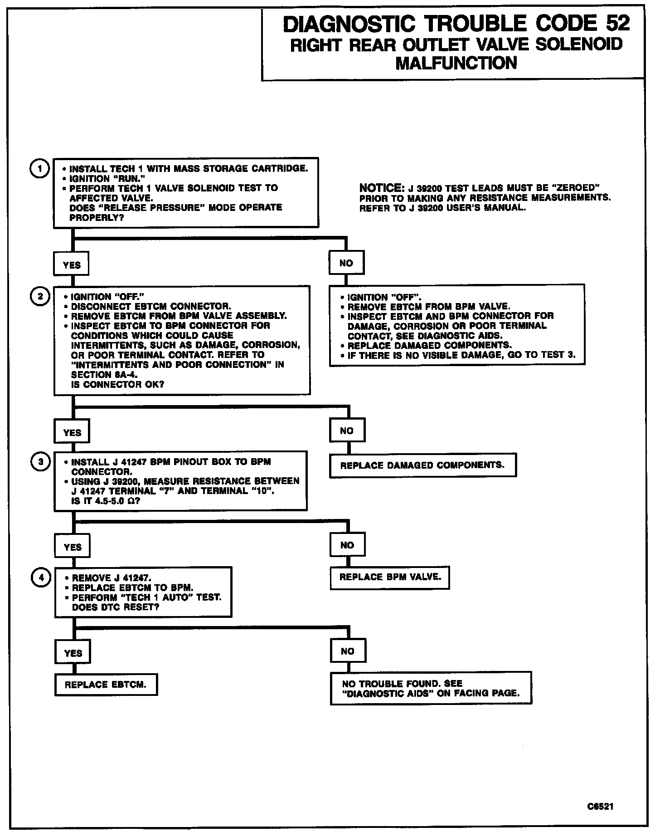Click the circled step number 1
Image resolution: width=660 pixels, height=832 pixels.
point(40,169)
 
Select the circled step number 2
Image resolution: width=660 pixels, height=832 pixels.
point(40,296)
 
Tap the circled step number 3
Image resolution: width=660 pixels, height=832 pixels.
point(41,462)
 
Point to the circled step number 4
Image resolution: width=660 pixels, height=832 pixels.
point(41,578)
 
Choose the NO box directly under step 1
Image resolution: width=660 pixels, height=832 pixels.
point(346,263)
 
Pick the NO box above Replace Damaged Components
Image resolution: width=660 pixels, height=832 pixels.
point(347,431)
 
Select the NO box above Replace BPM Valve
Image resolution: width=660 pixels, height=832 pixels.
point(347,545)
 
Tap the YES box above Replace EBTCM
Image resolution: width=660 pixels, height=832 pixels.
point(73,653)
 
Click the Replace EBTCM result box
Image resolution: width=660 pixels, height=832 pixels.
point(106,685)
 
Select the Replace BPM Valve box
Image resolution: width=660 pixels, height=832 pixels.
point(390,577)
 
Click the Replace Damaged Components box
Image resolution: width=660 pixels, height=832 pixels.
point(422,465)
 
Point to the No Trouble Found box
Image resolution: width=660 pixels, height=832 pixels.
point(431,688)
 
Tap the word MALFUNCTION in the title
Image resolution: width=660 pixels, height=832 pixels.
point(456,63)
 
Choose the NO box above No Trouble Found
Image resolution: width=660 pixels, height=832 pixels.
point(348,651)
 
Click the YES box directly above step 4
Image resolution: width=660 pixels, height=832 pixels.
point(73,547)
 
